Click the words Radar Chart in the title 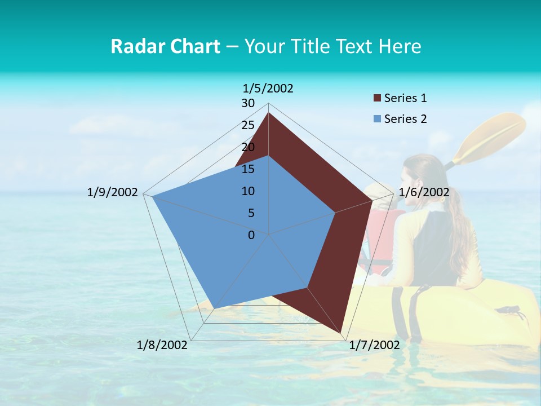point(165,46)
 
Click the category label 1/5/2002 point(268,88)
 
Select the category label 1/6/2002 point(424,192)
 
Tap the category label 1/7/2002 point(374,345)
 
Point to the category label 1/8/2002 point(162,345)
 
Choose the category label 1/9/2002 point(113,192)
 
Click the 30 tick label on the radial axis point(248,103)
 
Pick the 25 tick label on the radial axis point(248,125)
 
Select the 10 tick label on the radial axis point(248,191)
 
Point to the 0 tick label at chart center point(251,235)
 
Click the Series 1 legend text point(405,98)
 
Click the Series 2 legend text point(405,119)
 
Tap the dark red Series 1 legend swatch point(377,99)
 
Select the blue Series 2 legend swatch point(377,119)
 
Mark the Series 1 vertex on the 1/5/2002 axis point(269,112)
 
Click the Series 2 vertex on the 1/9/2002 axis point(152,196)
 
